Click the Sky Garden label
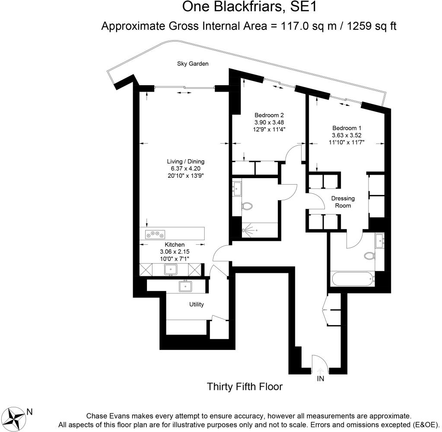193,64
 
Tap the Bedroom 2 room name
269,115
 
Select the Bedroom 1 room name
347,128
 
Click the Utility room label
196,304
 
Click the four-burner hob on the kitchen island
156,234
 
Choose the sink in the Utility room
185,286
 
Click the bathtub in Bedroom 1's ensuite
353,278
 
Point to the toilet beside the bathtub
369,256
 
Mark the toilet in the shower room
247,206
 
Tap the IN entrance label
321,379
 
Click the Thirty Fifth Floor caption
245,386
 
